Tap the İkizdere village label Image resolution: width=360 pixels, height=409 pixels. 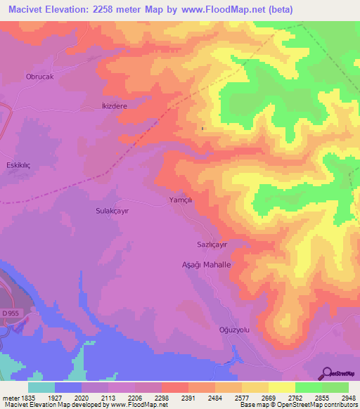pyautogui.click(x=110, y=106)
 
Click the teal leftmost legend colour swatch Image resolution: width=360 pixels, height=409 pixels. pyautogui.click(x=41, y=387)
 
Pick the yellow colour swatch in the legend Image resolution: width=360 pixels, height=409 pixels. pyautogui.click(x=281, y=387)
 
